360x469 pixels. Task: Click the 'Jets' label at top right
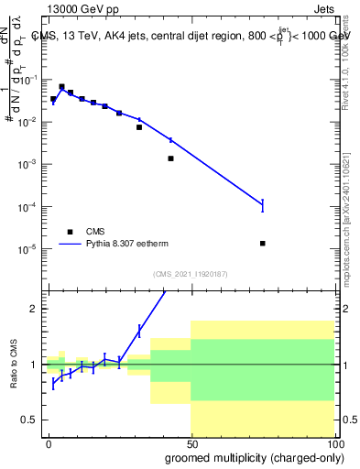pos(324,7)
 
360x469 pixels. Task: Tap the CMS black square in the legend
pos(70,232)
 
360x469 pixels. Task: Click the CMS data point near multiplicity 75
pos(263,243)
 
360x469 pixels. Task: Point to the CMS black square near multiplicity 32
pos(139,127)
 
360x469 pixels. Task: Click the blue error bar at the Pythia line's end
pos(263,206)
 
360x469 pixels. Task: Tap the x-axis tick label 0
pos(49,442)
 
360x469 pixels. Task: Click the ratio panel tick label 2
pos(36,309)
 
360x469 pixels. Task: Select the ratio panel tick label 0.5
pos(32,420)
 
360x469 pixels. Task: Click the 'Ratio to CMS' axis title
pos(11,364)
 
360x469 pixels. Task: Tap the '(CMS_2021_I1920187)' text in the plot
pos(190,274)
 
